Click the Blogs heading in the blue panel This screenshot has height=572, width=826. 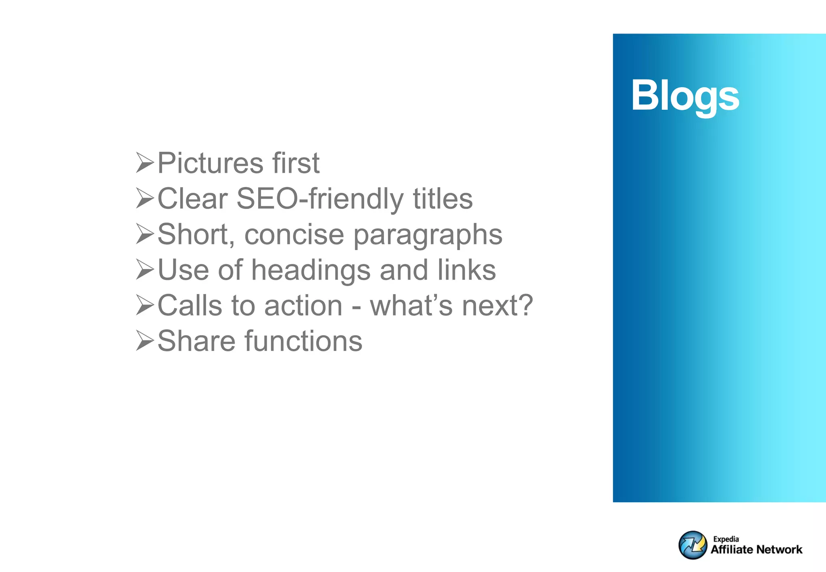(685, 96)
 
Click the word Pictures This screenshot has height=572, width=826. (210, 163)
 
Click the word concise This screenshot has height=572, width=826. (294, 234)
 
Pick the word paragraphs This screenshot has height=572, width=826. (428, 235)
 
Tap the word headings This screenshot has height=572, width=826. (311, 270)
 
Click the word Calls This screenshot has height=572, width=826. (190, 305)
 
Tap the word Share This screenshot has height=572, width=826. (196, 341)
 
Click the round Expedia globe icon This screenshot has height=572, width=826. (693, 545)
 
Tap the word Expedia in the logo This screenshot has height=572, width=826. (726, 539)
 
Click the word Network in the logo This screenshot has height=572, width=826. (779, 549)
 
